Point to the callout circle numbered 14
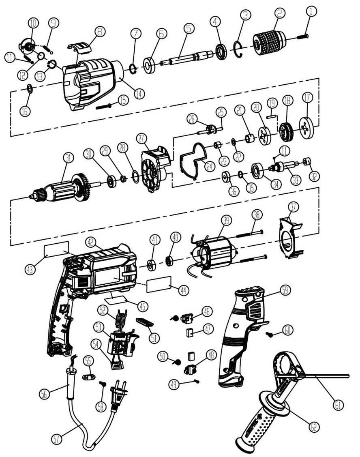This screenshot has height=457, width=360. tap(139, 94)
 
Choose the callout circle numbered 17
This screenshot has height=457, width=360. tap(308, 98)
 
